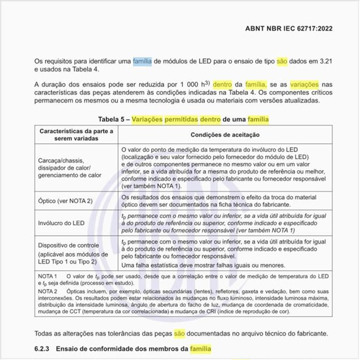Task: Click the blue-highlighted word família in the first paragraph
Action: (142, 62)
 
